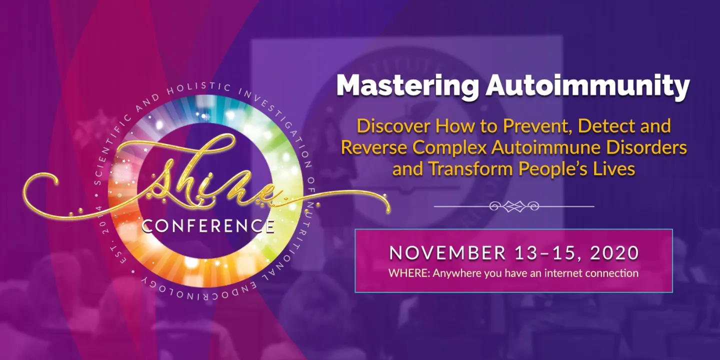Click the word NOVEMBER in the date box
tap(447, 253)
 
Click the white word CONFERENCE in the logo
tap(208, 226)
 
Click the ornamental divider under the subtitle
tap(514, 206)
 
